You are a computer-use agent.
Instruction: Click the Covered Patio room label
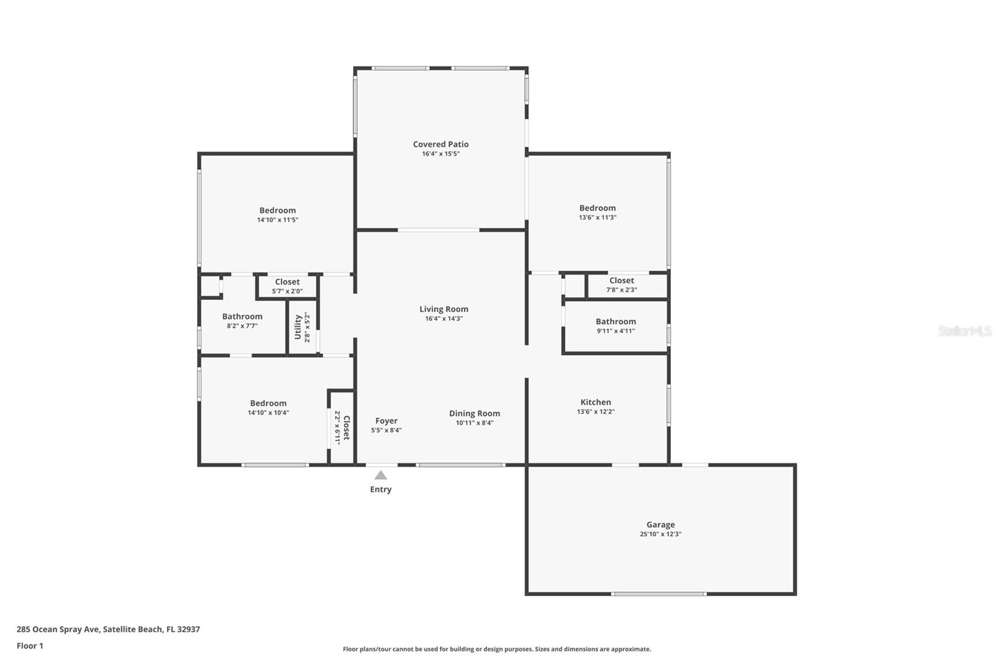tap(440, 144)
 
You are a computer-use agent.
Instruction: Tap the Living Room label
tap(444, 309)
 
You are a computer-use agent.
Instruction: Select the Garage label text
tap(660, 525)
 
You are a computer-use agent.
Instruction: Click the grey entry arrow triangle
tap(381, 476)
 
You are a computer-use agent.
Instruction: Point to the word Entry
tap(381, 489)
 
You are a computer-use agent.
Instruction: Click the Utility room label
tap(298, 327)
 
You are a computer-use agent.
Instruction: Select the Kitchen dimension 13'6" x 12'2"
tap(596, 412)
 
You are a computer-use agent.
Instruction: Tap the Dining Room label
tap(475, 414)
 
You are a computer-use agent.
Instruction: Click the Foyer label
tap(386, 420)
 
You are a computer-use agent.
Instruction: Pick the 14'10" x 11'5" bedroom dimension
tap(277, 220)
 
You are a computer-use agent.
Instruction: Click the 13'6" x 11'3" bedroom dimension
tap(597, 217)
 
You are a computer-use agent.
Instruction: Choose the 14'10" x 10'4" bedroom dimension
tap(268, 412)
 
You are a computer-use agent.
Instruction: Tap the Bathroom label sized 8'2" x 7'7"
tap(242, 316)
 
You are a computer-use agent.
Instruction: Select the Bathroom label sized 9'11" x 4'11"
tap(616, 322)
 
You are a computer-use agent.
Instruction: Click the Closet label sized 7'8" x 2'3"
tap(621, 281)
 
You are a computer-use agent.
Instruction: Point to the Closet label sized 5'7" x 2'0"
tap(287, 282)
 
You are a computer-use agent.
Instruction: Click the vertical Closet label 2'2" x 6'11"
tap(347, 428)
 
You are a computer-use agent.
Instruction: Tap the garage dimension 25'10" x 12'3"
tap(660, 534)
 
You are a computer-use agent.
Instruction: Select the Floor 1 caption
tap(30, 646)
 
